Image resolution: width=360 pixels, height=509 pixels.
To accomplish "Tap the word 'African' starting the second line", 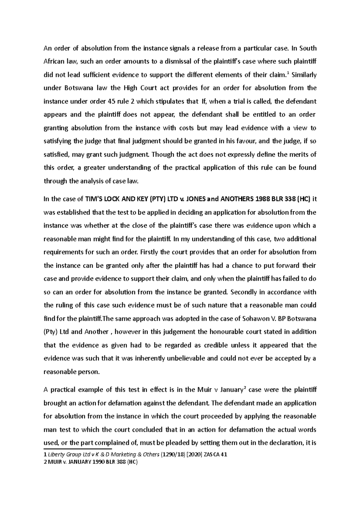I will (x=53, y=61).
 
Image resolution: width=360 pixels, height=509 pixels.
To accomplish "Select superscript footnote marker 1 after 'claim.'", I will (x=288, y=73).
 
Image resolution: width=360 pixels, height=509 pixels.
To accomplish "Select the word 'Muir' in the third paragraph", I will (x=204, y=390).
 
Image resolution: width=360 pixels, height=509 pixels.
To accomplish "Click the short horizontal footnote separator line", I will (x=77, y=449).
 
